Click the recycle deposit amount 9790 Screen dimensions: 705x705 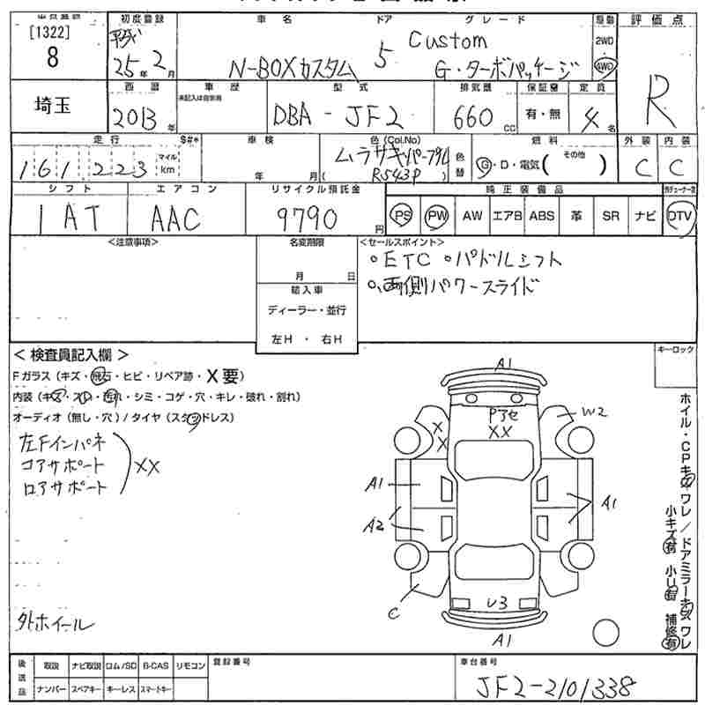click(x=305, y=215)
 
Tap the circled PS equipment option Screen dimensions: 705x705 click(x=403, y=215)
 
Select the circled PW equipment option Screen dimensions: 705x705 click(x=436, y=215)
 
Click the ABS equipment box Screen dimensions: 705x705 click(x=541, y=215)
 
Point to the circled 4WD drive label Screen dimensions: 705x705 click(x=605, y=64)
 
